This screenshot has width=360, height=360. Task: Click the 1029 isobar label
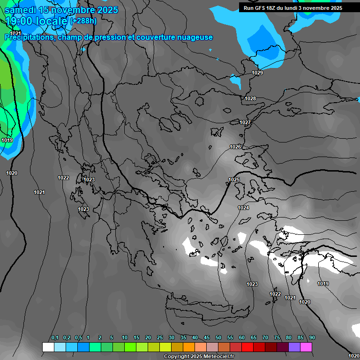(x=257, y=73)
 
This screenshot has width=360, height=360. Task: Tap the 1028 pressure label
(x=250, y=98)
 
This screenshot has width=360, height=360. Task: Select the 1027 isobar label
(x=245, y=122)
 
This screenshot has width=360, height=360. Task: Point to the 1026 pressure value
(x=235, y=147)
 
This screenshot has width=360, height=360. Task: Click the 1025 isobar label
(x=234, y=180)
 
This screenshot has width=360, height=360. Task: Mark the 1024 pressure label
(x=243, y=208)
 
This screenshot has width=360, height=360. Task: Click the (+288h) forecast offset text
(x=83, y=21)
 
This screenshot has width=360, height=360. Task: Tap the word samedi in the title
(x=21, y=10)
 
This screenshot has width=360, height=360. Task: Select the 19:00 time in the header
(x=19, y=21)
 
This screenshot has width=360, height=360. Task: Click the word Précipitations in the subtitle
(x=29, y=37)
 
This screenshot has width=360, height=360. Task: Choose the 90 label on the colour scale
(x=312, y=337)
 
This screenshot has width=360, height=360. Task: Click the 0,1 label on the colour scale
(x=55, y=337)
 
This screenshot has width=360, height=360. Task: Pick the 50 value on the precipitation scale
(x=218, y=337)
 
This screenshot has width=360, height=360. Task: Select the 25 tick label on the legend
(x=160, y=337)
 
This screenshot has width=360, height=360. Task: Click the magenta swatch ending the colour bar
(x=306, y=347)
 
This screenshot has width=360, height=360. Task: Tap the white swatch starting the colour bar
(x=48, y=347)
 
